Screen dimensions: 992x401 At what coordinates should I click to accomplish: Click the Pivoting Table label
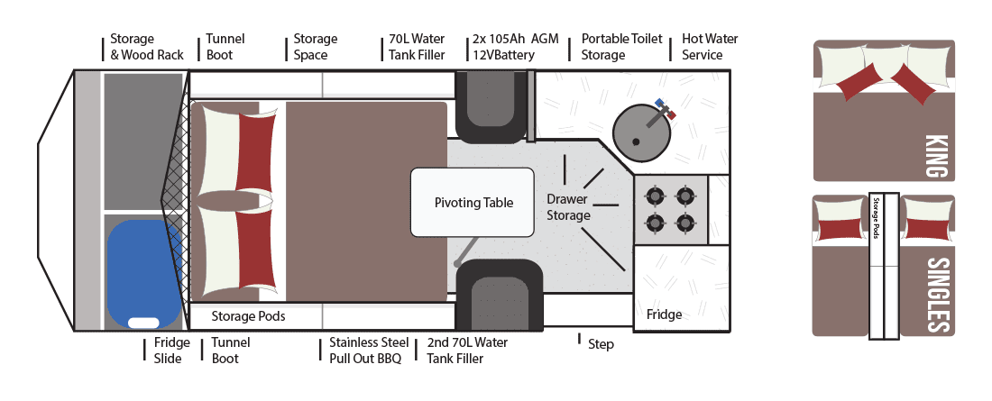(473, 203)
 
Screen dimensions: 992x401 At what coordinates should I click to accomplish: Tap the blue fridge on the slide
(144, 273)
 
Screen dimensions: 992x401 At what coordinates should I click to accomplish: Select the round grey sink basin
(637, 132)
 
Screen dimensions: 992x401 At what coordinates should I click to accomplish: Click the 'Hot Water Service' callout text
(710, 47)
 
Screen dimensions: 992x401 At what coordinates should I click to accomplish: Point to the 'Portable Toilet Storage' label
(621, 47)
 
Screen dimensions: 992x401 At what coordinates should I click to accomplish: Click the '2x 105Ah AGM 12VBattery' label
(516, 47)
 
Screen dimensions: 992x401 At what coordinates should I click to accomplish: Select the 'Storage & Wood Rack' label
(147, 47)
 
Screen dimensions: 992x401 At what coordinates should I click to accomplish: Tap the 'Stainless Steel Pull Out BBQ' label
(369, 351)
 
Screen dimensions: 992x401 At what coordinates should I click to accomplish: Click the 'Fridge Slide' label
(171, 351)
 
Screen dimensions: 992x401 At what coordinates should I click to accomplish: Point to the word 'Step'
(601, 344)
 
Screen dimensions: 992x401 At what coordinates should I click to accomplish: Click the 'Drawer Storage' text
(568, 207)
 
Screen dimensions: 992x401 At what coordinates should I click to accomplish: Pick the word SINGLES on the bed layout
(939, 294)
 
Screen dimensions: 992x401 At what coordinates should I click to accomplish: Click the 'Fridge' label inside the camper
(665, 314)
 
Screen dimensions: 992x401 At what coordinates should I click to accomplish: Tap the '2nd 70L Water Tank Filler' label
(467, 351)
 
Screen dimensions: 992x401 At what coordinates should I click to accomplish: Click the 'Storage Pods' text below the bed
(248, 315)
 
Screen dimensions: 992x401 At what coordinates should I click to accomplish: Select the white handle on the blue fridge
(143, 323)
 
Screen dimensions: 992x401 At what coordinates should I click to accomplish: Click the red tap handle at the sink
(671, 114)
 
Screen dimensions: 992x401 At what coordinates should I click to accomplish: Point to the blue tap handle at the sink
(659, 102)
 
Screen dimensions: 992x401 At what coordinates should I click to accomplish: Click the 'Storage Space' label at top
(315, 47)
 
